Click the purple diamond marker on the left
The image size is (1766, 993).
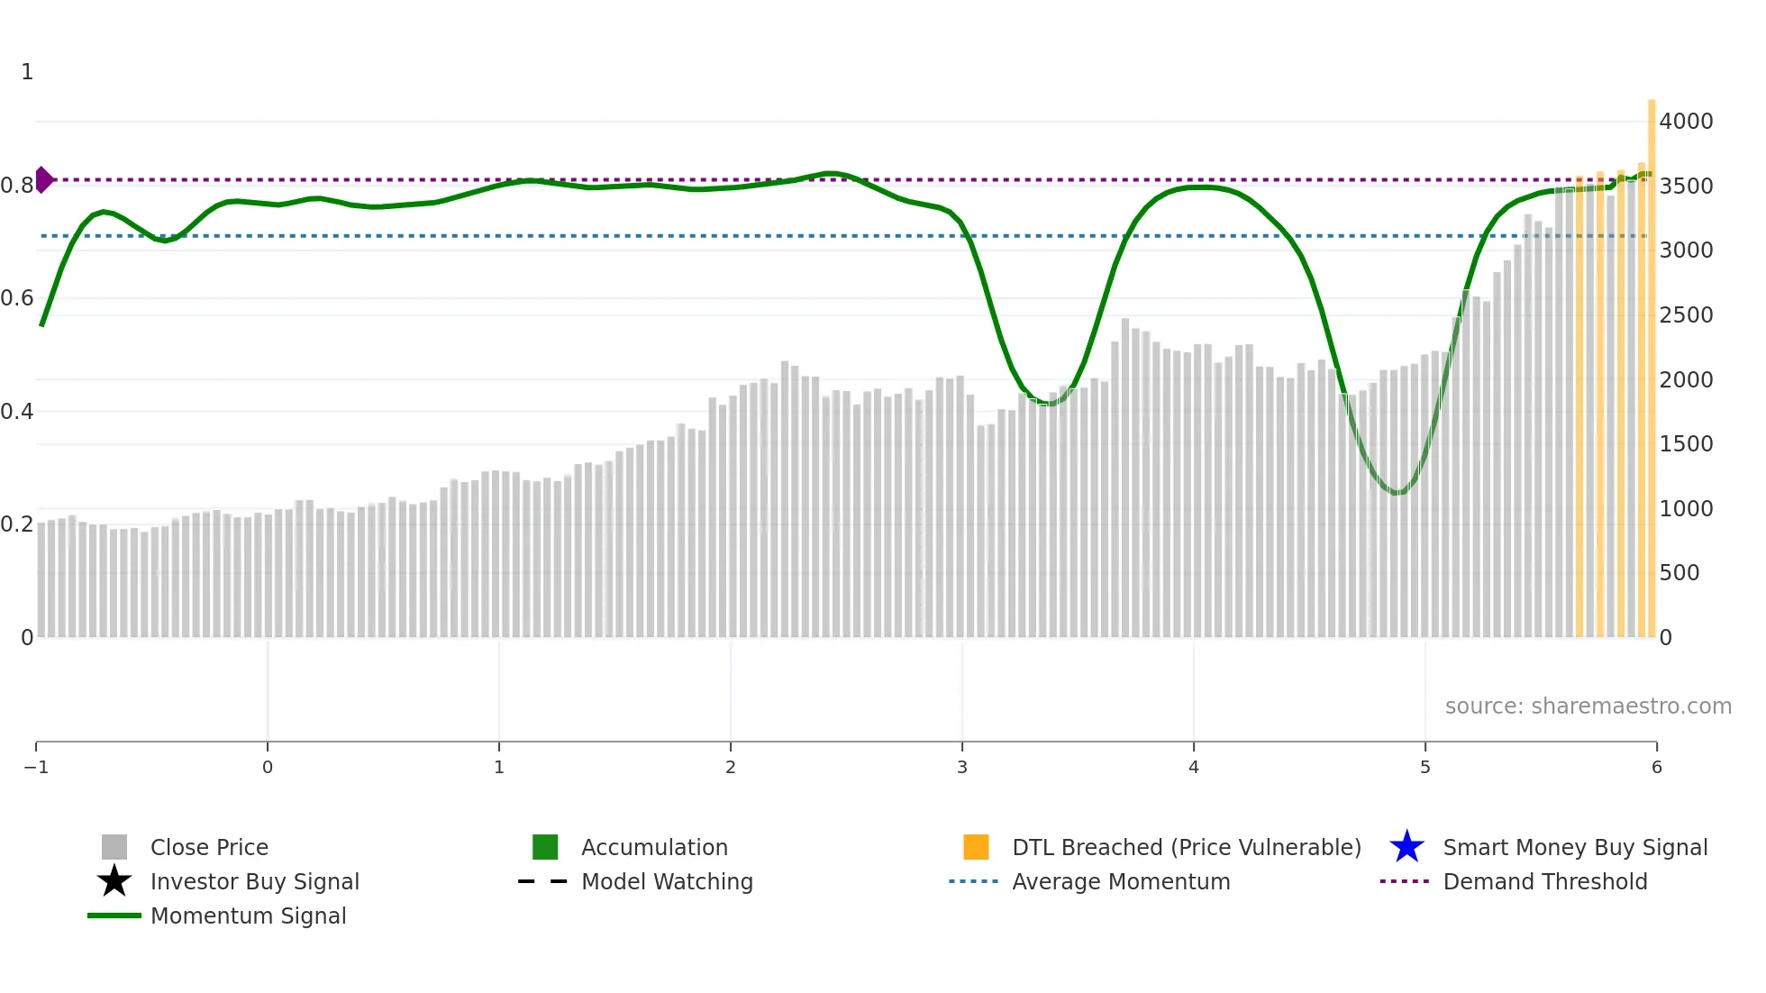coord(43,179)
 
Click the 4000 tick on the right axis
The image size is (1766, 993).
coord(1686,121)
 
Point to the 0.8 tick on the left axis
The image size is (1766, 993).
coord(17,186)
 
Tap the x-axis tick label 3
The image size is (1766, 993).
coord(962,767)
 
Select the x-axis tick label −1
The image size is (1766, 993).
coord(36,767)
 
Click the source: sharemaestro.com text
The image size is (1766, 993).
coord(1588,706)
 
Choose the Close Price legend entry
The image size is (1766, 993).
coord(209,847)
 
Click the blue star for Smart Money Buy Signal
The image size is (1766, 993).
coord(1406,847)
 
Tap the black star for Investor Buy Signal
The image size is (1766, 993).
coord(114,881)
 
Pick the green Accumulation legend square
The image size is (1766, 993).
coord(545,847)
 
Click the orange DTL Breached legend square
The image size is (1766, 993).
coord(976,847)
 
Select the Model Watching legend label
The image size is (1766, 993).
coord(667,881)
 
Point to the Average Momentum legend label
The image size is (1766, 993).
coord(1121,881)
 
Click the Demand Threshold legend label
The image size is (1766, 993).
coord(1544,881)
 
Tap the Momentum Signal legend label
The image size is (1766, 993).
coord(248,916)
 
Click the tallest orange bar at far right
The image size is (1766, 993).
coord(1652,360)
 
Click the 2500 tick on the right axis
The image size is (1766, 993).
coord(1686,315)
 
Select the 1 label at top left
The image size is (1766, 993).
coord(27,72)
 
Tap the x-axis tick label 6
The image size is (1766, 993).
coord(1656,767)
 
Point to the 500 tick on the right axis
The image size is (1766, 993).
coord(1680,573)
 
